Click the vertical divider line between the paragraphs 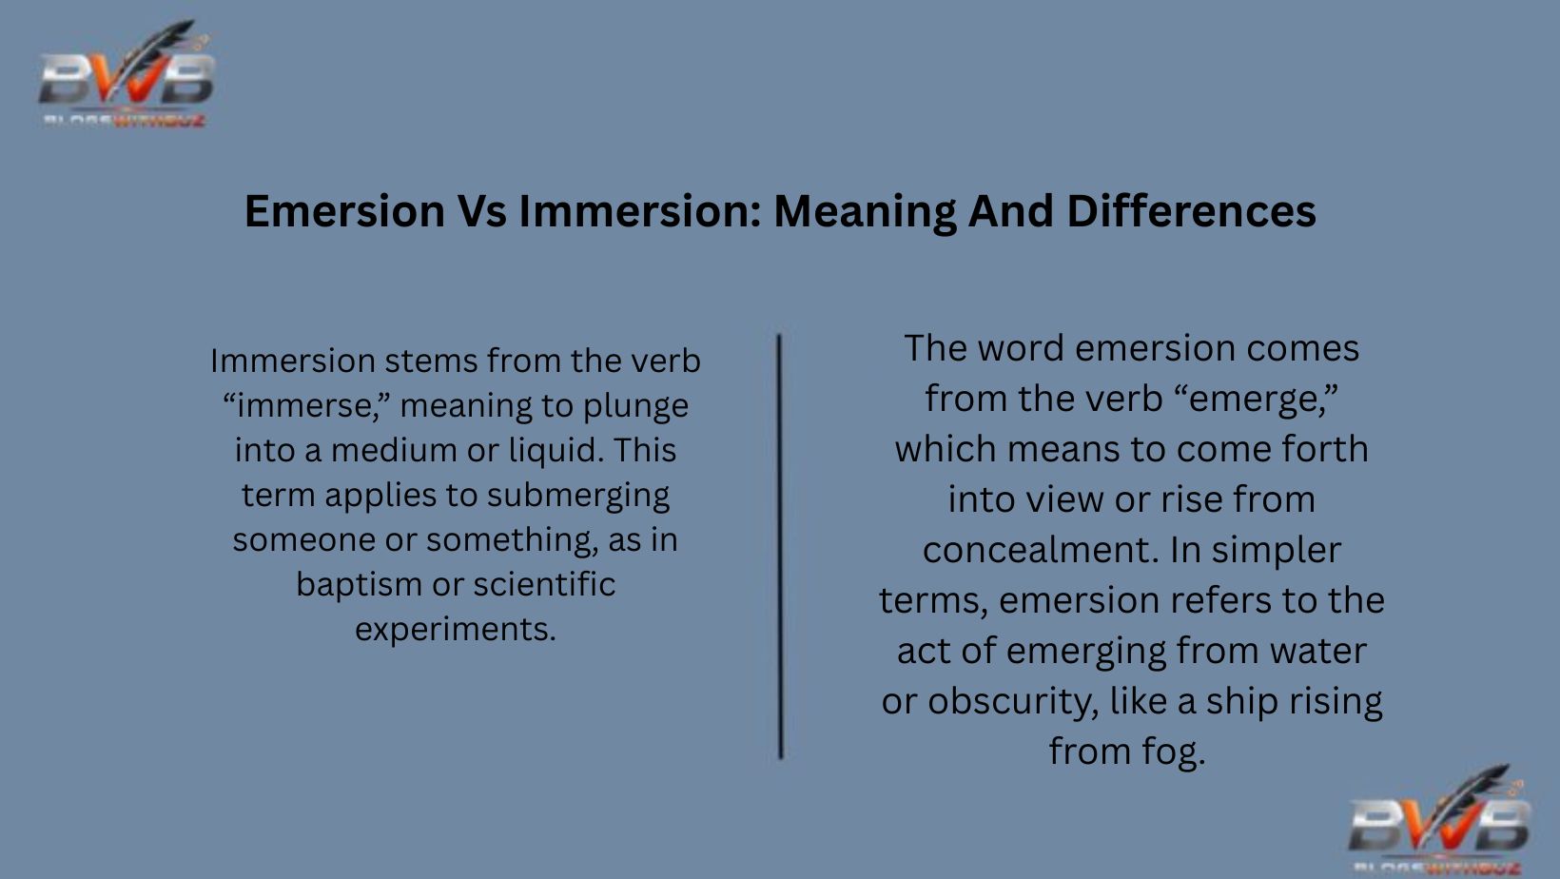pos(780,546)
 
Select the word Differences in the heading pos(1191,211)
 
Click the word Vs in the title pos(481,211)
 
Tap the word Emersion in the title pos(344,211)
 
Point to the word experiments pos(455,629)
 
